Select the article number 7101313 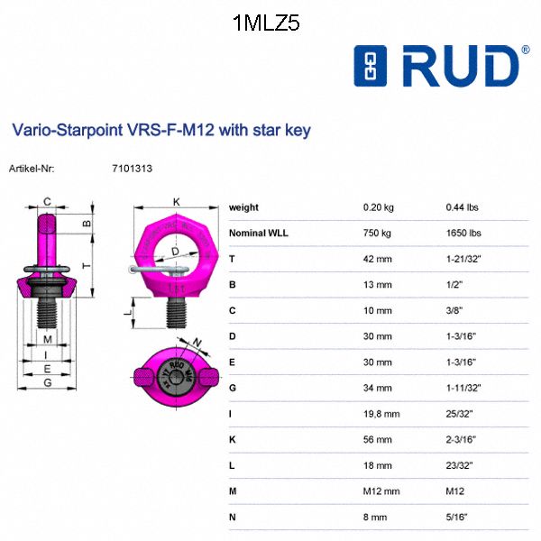131,168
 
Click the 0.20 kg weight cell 378,207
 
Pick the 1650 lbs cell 463,233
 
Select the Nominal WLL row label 264,233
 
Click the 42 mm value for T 377,259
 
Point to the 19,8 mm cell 381,413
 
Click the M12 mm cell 381,491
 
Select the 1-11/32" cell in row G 465,388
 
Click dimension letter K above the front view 177,201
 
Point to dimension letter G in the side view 47,383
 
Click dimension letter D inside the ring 176,252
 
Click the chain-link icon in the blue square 370,68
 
